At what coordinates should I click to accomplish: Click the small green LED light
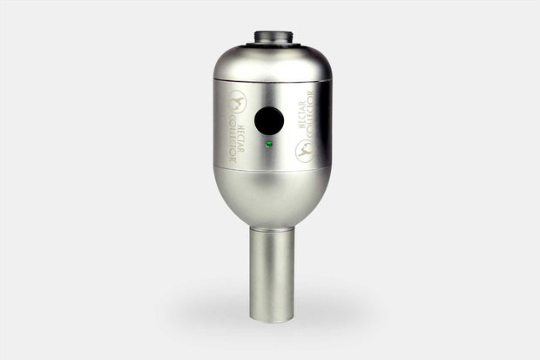pyautogui.click(x=269, y=143)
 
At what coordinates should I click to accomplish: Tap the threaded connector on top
pyautogui.click(x=271, y=37)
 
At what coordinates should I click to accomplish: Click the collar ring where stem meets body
pyautogui.click(x=271, y=228)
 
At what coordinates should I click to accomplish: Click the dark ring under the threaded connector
pyautogui.click(x=271, y=45)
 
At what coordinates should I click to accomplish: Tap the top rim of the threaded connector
pyautogui.click(x=271, y=32)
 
